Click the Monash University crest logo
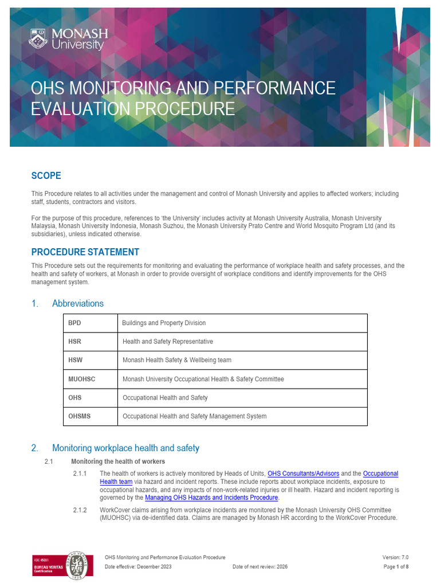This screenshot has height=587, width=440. tap(38, 39)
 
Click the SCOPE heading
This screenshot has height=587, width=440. tap(46, 175)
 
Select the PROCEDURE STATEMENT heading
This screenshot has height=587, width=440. tap(85, 252)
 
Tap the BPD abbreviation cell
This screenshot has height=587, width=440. tap(75, 323)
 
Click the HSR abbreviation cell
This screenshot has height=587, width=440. tap(75, 341)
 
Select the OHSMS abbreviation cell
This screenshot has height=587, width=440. tap(79, 416)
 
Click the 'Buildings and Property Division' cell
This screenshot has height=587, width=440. tap(164, 323)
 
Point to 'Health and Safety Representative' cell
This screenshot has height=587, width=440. tap(168, 341)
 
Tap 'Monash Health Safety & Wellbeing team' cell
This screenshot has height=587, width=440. tap(177, 360)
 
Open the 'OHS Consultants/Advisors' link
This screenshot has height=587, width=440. tap(303, 473)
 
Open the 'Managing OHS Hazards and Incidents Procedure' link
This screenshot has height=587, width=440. tap(211, 498)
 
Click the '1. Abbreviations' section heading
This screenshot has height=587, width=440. tap(68, 303)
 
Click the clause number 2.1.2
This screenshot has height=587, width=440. tap(80, 510)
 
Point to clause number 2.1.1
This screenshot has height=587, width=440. tap(80, 473)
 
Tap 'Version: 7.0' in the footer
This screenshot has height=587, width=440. tap(395, 557)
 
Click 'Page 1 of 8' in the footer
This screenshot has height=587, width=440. tap(396, 567)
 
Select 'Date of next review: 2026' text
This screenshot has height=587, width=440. tap(260, 567)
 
